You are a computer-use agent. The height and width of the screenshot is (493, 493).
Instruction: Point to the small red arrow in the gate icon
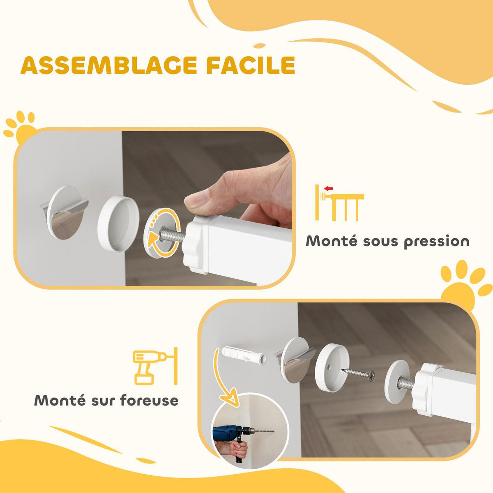click(x=328, y=189)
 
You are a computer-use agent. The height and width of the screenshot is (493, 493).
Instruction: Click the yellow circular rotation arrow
click(x=164, y=232)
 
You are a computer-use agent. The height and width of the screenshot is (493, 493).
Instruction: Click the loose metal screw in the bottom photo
click(x=358, y=373)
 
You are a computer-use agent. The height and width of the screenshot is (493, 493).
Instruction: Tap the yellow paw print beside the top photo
click(x=21, y=125)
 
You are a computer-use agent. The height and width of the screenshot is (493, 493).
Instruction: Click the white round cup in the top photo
click(x=117, y=222)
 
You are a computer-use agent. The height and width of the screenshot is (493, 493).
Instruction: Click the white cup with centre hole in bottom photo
click(x=332, y=362)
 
